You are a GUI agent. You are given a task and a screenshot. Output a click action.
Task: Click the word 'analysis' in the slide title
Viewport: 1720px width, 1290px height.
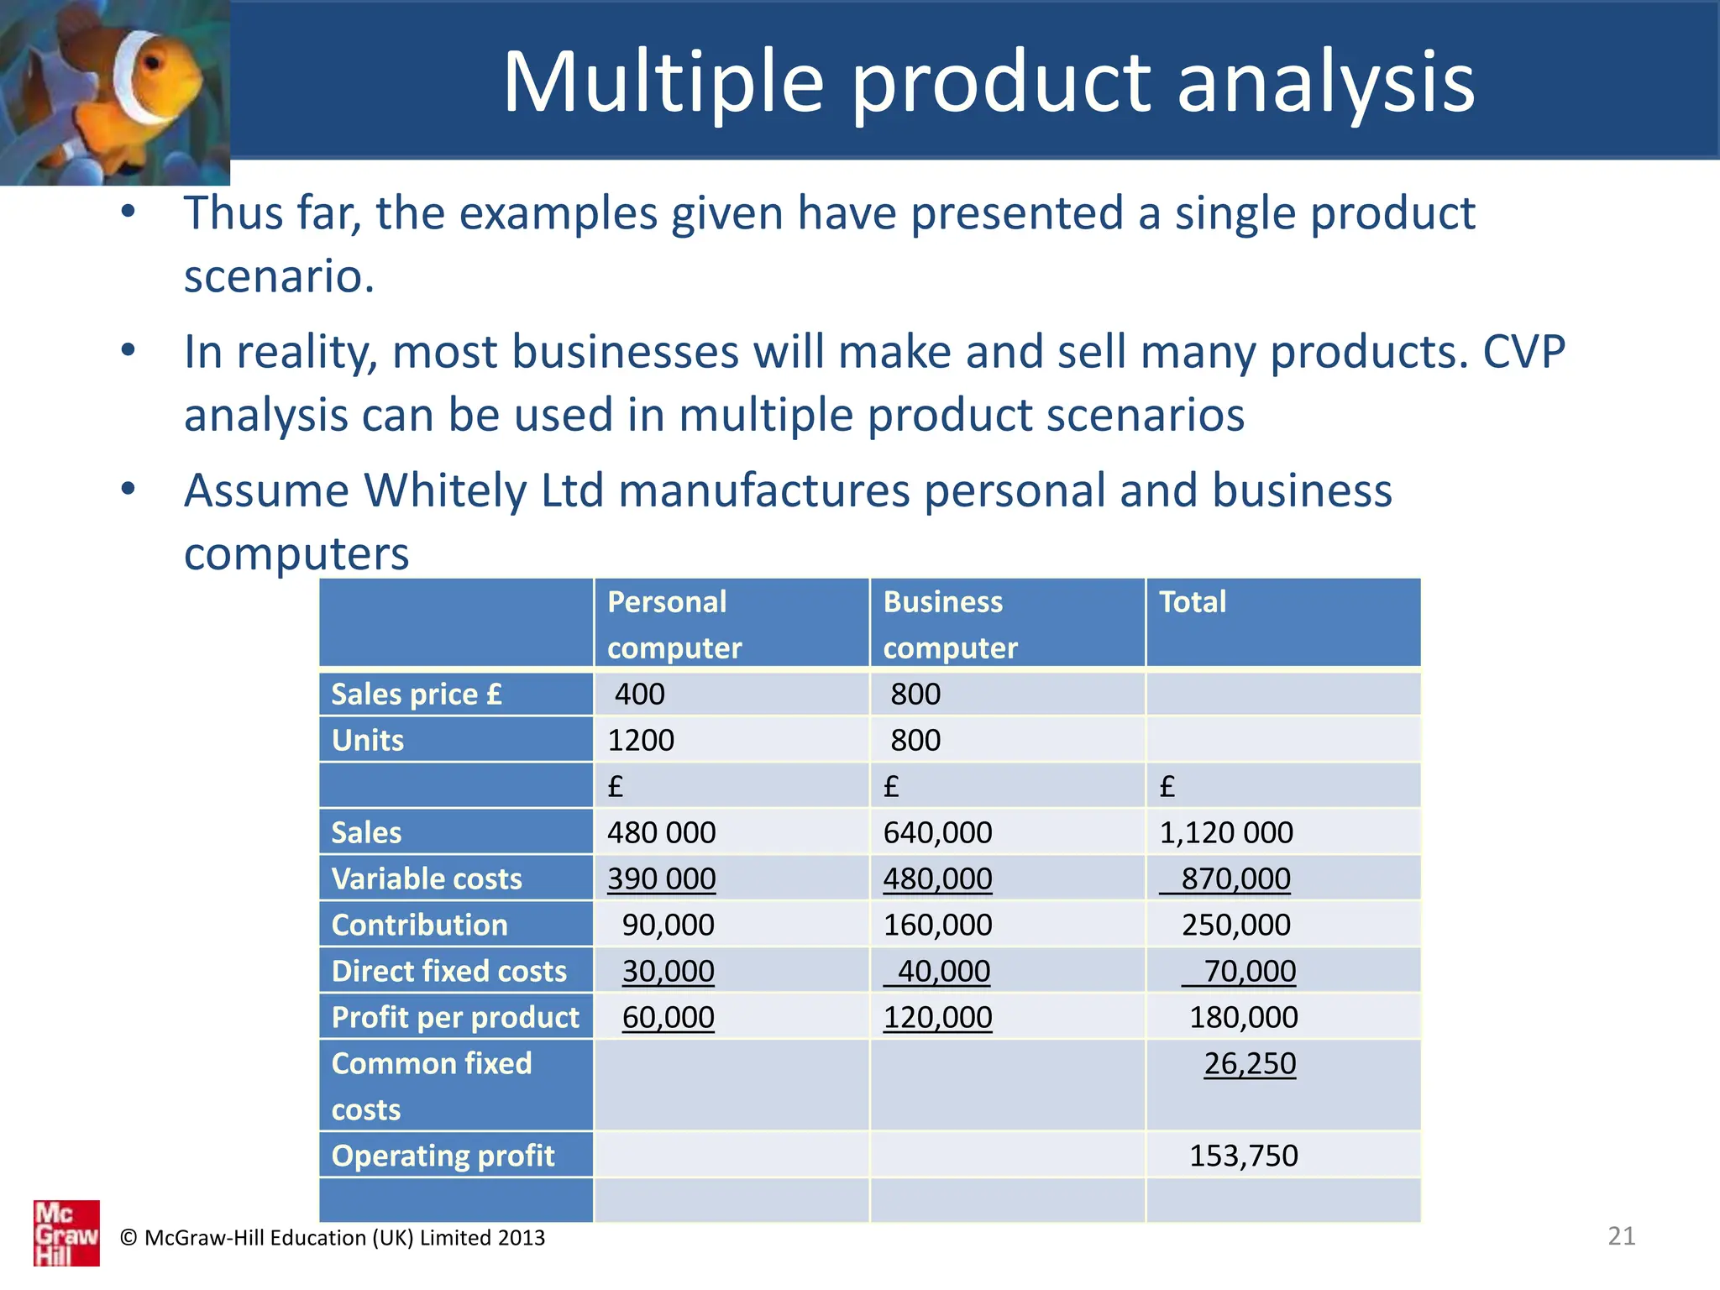tap(1325, 82)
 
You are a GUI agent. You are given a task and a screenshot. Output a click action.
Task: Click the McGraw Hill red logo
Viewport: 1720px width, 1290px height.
tap(66, 1233)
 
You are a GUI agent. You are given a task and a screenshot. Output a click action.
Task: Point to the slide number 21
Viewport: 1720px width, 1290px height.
tap(1621, 1236)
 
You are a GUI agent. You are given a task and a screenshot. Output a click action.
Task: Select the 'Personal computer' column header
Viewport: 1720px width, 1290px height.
tap(674, 624)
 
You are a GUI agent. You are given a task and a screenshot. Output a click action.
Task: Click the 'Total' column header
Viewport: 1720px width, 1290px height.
tap(1192, 602)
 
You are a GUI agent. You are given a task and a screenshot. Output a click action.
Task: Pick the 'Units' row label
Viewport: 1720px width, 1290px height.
tap(368, 740)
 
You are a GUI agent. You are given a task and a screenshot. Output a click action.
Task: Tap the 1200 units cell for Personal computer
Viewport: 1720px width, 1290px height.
tap(640, 740)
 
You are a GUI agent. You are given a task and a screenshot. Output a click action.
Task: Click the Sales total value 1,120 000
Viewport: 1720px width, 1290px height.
tap(1225, 832)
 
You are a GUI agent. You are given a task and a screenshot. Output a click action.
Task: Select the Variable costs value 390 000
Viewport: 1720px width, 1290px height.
tap(661, 878)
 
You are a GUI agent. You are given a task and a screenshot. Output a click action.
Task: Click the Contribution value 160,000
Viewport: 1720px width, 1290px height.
tap(937, 925)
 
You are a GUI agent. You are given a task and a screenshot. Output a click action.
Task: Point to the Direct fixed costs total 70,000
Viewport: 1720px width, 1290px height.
tap(1249, 971)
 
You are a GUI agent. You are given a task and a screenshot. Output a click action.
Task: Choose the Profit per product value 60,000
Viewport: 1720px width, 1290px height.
tap(668, 1017)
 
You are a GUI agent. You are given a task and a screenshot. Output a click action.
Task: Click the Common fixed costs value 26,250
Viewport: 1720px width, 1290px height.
tap(1249, 1063)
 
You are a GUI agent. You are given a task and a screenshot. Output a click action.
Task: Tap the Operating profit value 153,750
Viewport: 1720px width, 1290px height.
tap(1243, 1156)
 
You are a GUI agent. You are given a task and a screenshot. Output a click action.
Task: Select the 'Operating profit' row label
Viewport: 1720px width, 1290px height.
tap(443, 1156)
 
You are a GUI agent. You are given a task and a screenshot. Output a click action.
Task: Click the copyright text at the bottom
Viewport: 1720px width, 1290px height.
tap(333, 1238)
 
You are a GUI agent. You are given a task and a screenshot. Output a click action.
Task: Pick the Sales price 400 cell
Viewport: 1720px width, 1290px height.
tap(639, 695)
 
